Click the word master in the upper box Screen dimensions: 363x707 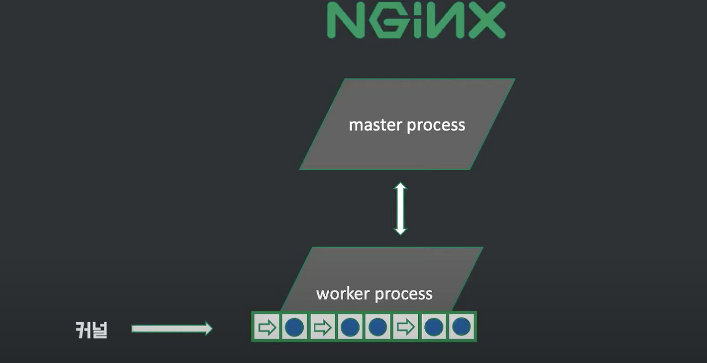[376, 125]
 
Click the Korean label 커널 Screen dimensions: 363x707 [92, 330]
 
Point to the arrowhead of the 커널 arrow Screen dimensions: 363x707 [208, 329]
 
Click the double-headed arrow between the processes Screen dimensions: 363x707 [400, 208]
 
